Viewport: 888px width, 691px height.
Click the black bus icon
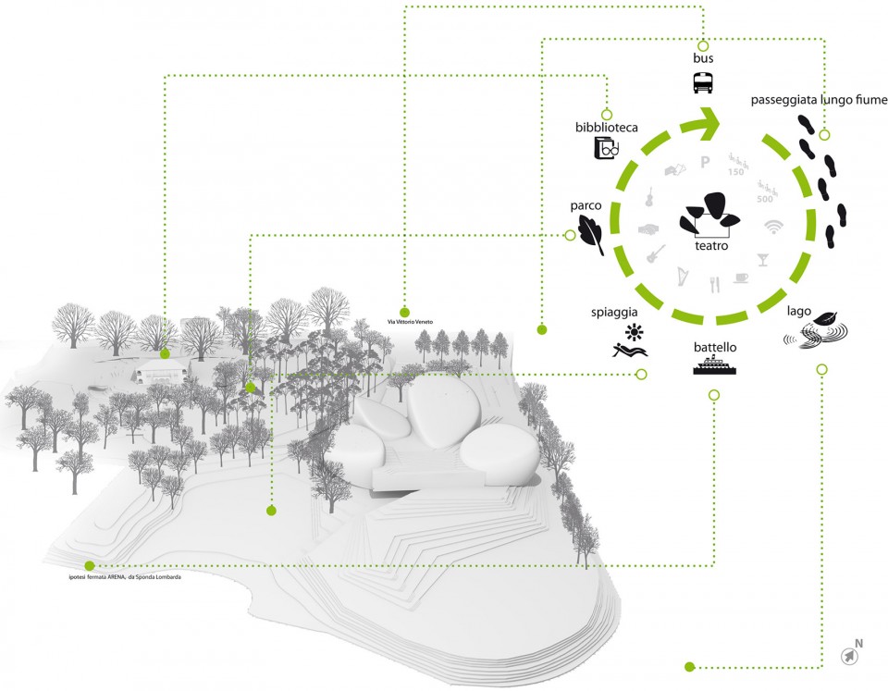703,83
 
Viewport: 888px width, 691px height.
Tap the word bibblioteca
606,127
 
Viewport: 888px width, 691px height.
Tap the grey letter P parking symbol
705,164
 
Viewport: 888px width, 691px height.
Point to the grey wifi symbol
773,226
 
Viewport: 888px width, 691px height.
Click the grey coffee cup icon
742,278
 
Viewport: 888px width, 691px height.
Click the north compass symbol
849,655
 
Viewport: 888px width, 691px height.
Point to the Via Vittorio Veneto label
403,322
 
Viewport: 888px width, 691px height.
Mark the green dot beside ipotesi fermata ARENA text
89,565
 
